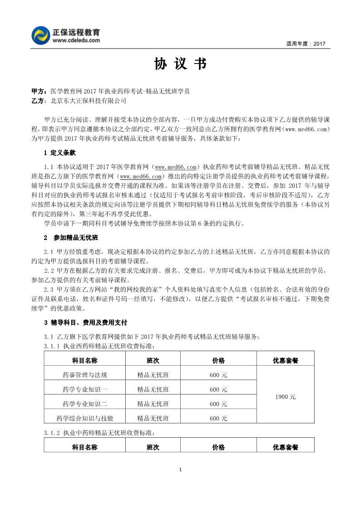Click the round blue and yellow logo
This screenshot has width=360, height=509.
click(40, 35)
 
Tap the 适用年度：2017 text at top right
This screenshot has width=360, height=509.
click(306, 44)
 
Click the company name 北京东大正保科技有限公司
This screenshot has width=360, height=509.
click(89, 101)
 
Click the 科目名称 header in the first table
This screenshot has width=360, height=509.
click(85, 361)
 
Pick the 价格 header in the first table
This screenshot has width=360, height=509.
click(218, 361)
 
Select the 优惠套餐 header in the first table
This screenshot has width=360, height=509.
click(285, 361)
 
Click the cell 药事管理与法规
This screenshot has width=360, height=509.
click(85, 375)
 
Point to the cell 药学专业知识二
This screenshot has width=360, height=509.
click(85, 404)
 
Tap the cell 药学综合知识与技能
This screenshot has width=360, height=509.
click(85, 418)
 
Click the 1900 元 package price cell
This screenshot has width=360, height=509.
click(285, 396)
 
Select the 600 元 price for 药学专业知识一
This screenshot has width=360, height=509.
click(218, 390)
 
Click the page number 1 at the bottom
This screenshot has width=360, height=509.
click(180, 469)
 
